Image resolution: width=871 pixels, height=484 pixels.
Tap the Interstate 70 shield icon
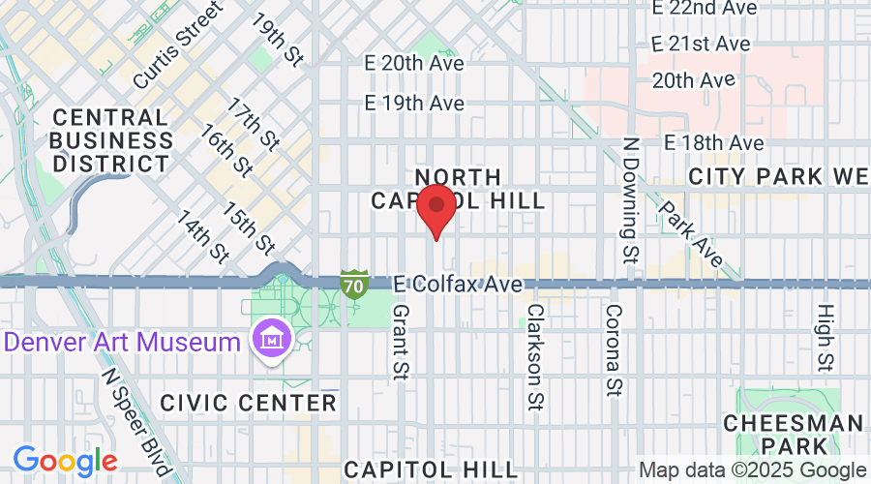click(x=354, y=284)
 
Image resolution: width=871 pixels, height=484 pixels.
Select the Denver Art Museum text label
click(x=123, y=342)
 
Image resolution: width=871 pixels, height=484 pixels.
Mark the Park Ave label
click(x=691, y=233)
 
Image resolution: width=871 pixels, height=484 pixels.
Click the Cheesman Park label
click(x=793, y=434)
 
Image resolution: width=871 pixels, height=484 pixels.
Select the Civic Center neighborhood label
click(x=249, y=403)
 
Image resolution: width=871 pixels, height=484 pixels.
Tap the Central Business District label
click(x=112, y=140)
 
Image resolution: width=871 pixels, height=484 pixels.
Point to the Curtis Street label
click(x=177, y=45)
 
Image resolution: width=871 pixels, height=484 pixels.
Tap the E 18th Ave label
click(x=714, y=143)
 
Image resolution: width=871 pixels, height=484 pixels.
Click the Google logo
click(x=65, y=461)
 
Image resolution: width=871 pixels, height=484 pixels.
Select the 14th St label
click(x=202, y=235)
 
